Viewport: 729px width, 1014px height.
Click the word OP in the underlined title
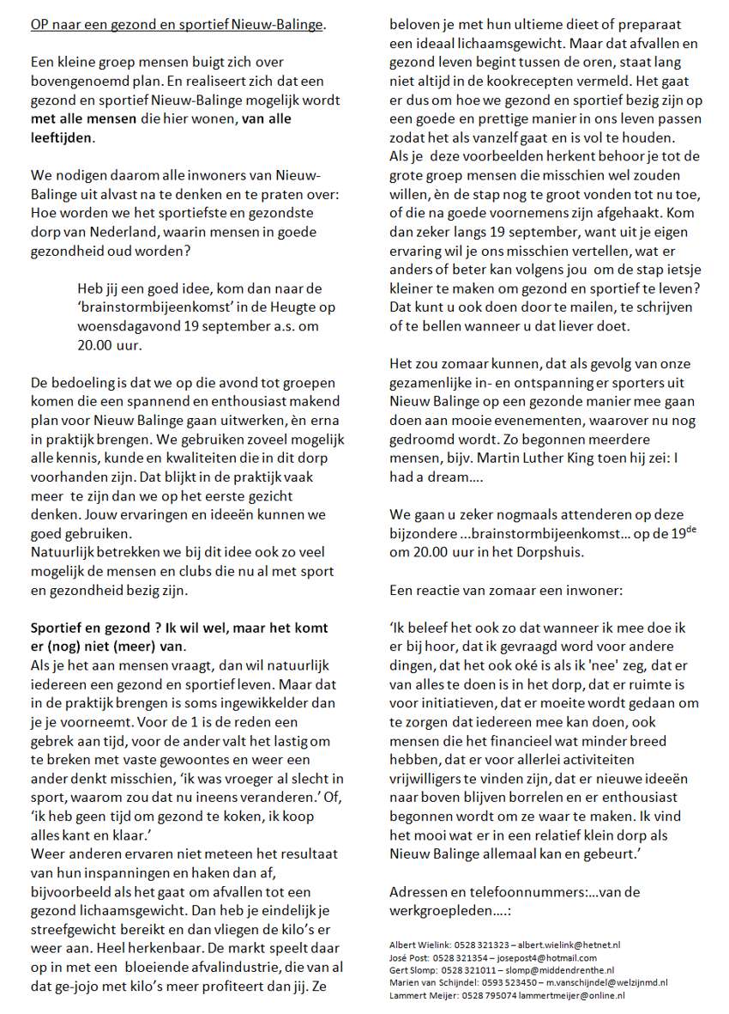(39, 25)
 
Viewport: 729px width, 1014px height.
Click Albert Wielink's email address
(582, 945)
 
